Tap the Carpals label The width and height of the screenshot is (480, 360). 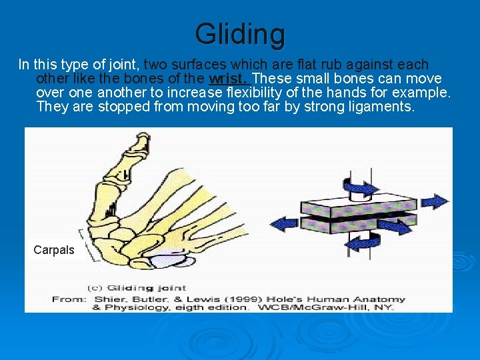(x=54, y=250)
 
